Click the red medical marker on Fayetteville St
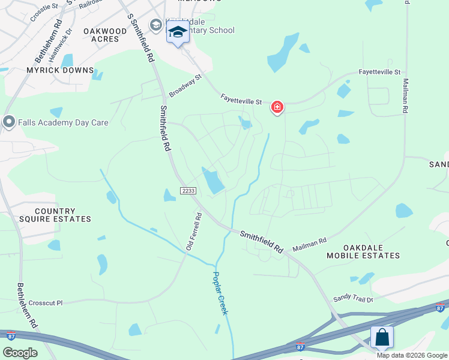277,107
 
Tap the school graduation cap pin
178,32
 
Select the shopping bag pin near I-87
382,338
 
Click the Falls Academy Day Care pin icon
8,122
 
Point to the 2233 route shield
188,191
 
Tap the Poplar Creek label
220,293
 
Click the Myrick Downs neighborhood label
60,70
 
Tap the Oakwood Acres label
105,35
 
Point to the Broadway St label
185,85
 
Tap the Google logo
20,353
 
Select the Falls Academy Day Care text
63,122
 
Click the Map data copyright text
412,355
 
